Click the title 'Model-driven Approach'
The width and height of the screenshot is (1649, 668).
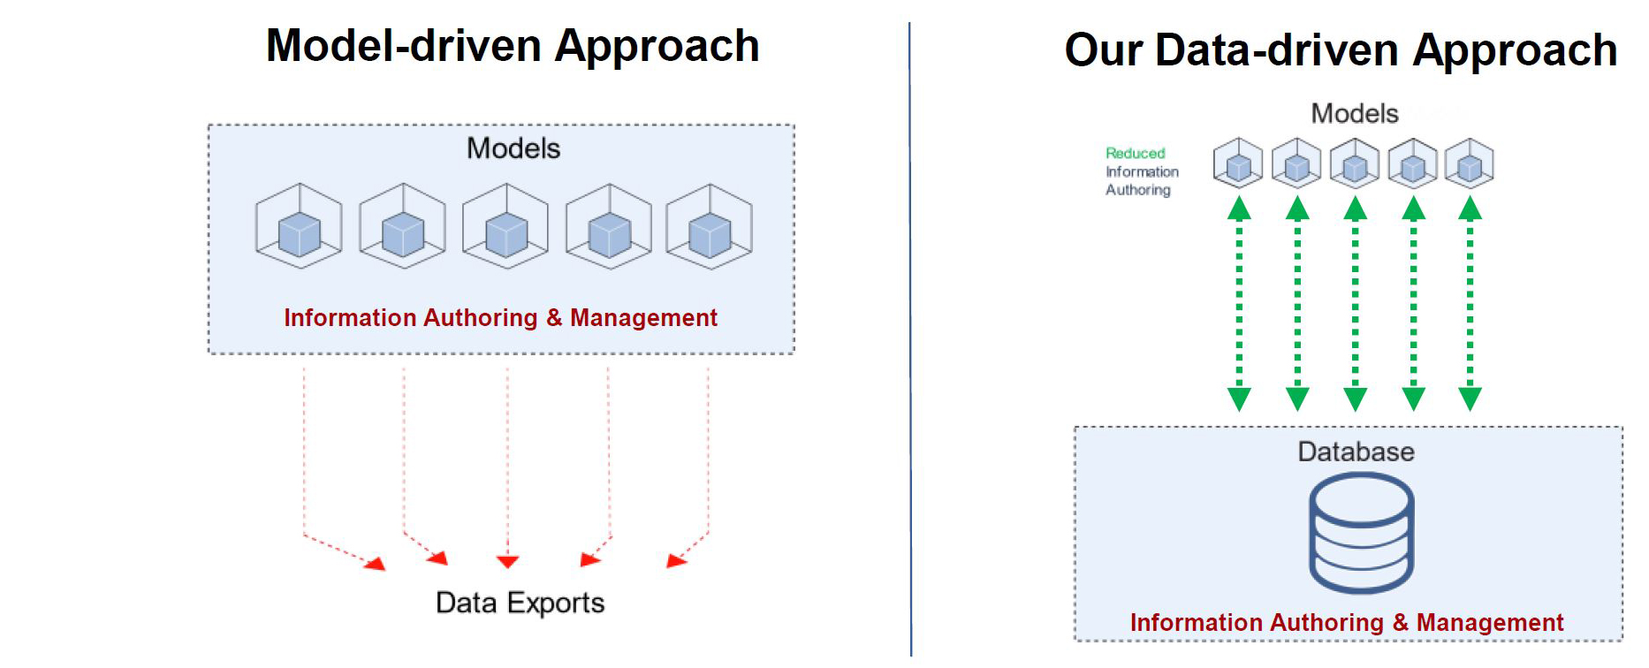point(513,46)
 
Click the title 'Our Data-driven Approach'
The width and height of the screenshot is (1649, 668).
point(1341,50)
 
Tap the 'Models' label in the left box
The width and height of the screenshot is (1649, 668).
point(513,148)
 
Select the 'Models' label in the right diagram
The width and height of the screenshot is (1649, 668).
point(1354,114)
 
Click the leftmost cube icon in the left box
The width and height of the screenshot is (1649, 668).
point(299,226)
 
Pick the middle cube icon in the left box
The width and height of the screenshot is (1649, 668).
point(505,226)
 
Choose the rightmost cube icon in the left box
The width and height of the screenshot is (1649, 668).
point(709,226)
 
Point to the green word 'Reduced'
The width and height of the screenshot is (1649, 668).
point(1135,154)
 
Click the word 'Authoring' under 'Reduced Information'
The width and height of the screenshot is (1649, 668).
point(1137,190)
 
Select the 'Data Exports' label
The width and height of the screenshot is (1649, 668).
point(520,603)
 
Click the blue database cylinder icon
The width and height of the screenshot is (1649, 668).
point(1361,533)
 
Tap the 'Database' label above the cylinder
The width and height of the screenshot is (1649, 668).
point(1356,452)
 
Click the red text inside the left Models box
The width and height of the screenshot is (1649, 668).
point(500,318)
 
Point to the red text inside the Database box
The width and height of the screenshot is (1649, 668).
point(1346,623)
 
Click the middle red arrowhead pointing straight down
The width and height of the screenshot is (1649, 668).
point(507,561)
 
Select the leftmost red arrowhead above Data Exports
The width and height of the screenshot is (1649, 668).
point(376,564)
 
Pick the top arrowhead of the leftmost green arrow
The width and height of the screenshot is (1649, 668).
point(1239,209)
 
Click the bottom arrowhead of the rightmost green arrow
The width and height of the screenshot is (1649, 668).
point(1470,399)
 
